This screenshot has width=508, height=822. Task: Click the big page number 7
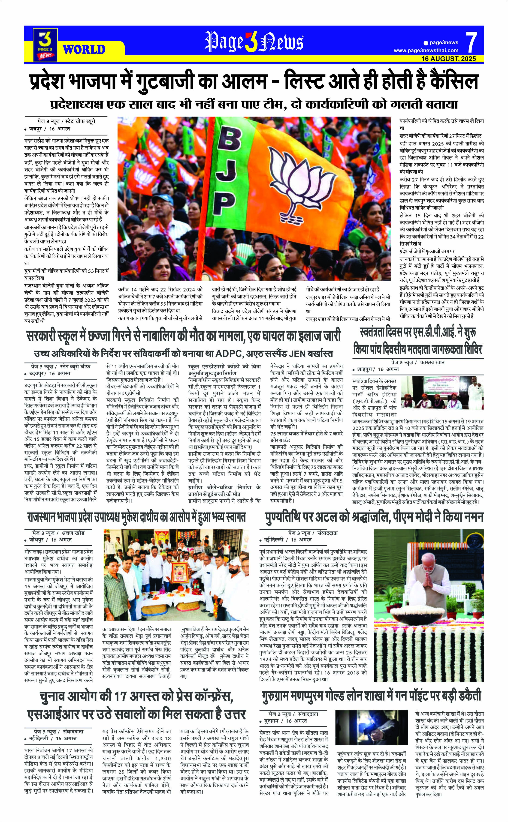click(472, 43)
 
